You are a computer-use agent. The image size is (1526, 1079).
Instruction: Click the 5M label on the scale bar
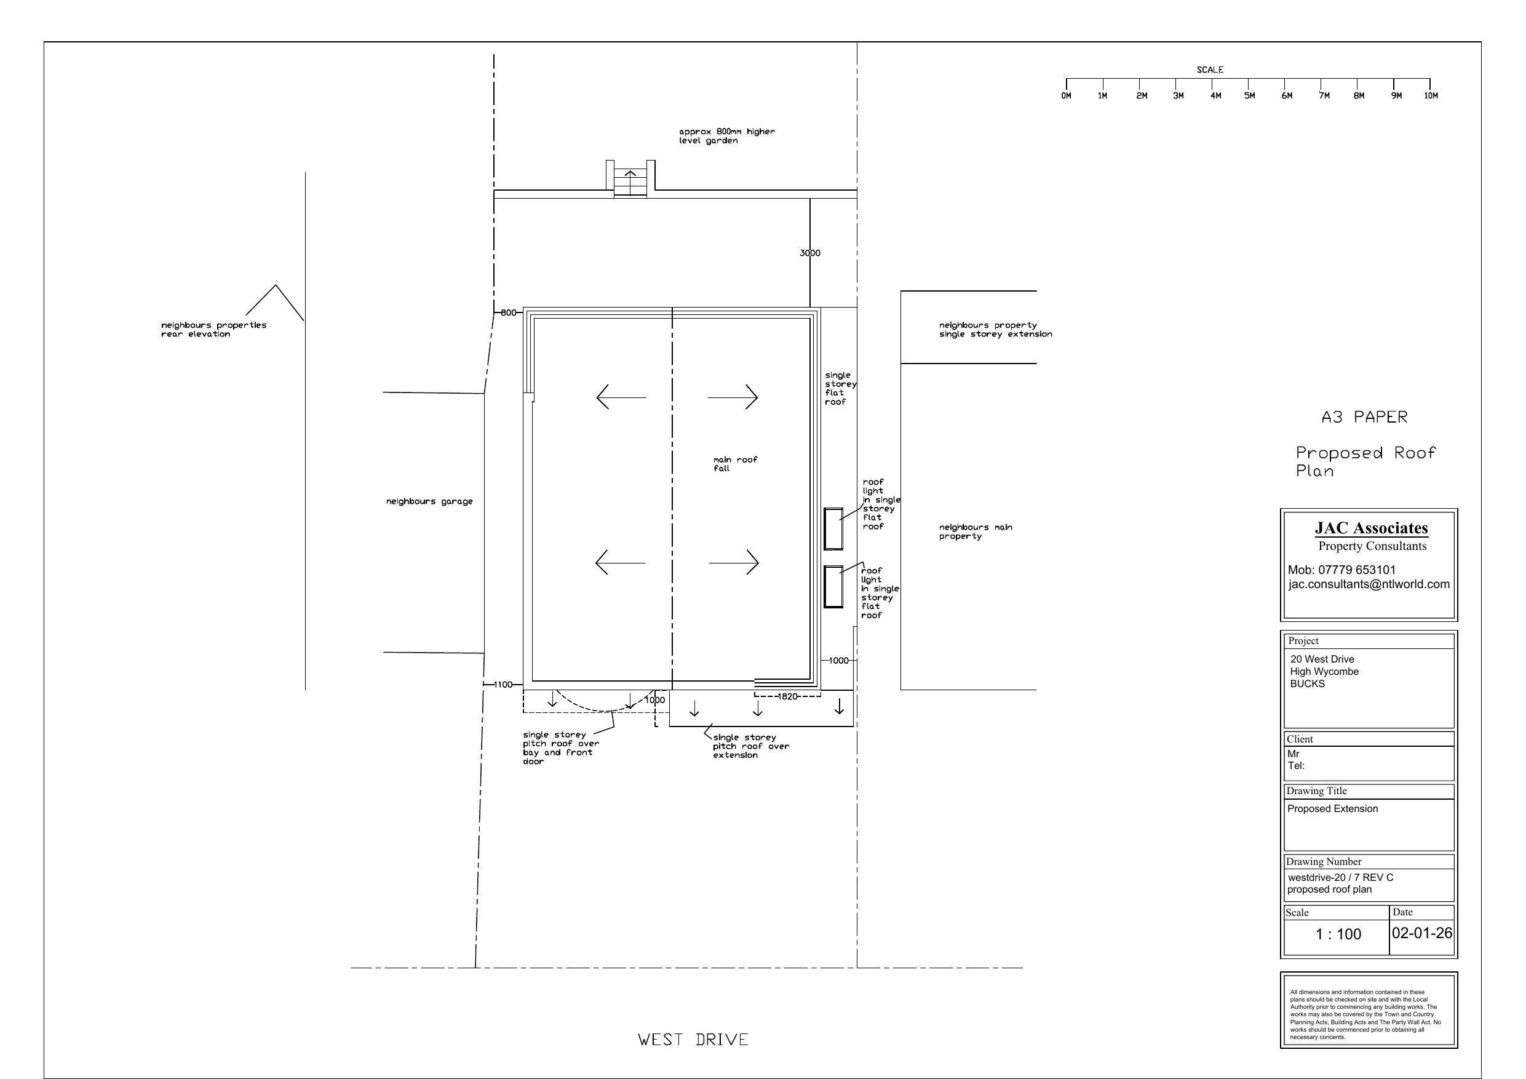click(1249, 96)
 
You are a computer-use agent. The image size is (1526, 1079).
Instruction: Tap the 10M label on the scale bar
click(1431, 96)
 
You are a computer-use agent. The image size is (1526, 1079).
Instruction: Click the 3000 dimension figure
click(810, 253)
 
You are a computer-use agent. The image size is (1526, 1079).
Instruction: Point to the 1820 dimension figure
click(787, 697)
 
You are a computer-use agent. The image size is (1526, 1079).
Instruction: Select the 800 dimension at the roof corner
click(509, 313)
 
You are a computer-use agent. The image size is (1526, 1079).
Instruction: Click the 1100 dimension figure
click(503, 685)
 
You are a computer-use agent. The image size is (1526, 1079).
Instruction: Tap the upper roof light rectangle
click(833, 528)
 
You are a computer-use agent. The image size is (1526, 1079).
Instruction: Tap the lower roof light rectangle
click(833, 586)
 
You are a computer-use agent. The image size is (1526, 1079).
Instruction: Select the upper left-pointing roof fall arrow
click(621, 397)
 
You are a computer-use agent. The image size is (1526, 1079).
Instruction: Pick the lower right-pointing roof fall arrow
click(734, 563)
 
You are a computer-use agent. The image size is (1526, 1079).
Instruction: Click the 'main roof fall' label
click(735, 464)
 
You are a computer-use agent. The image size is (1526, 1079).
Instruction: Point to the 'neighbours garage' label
click(429, 501)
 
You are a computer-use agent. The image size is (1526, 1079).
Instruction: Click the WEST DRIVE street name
click(693, 1040)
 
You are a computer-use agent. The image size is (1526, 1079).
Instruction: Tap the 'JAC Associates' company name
click(1371, 528)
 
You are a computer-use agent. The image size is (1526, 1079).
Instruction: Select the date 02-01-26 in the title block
click(1421, 933)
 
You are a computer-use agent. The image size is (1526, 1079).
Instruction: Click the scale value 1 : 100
click(1338, 934)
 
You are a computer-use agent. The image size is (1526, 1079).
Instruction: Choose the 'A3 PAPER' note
click(1364, 417)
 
